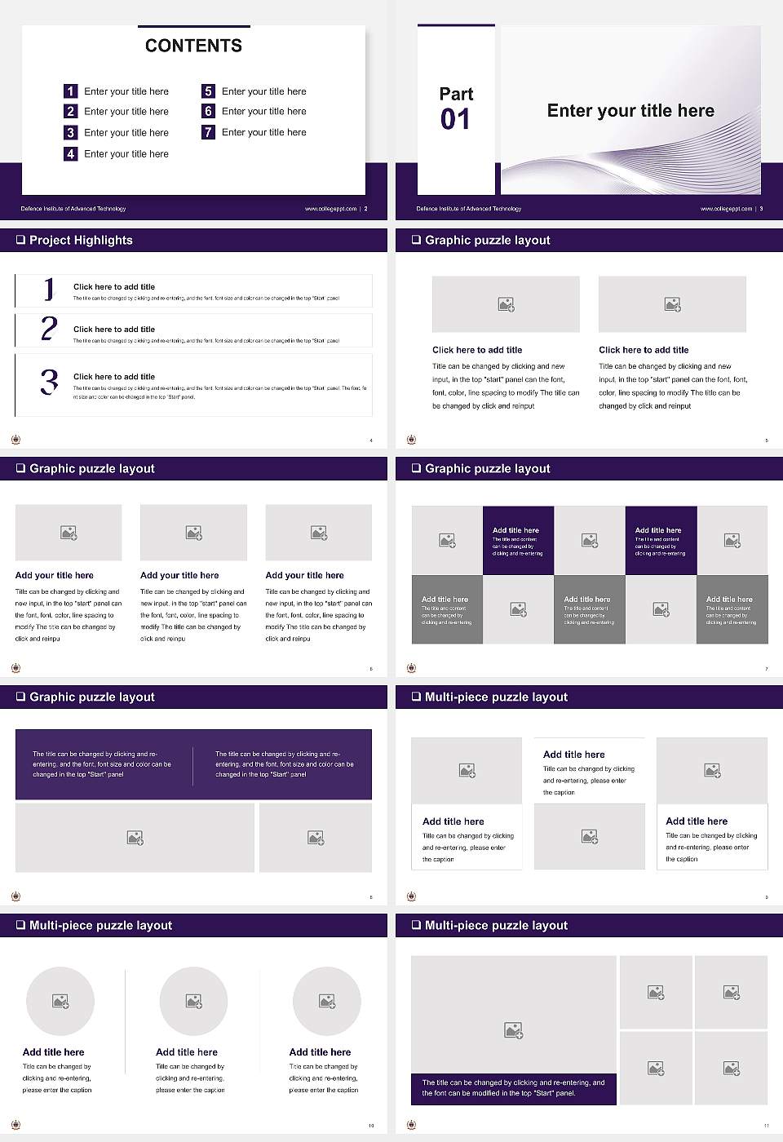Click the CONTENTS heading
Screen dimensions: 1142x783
point(193,46)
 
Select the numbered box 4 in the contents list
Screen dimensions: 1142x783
point(71,153)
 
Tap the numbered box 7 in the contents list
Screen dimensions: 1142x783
point(208,132)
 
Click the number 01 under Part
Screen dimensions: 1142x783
point(455,120)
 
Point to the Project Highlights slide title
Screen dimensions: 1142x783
point(81,240)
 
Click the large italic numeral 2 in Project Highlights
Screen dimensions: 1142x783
point(49,329)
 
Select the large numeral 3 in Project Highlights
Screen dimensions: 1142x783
point(49,382)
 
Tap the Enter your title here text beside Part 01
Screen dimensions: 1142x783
point(630,111)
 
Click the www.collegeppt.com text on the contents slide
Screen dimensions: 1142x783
point(330,209)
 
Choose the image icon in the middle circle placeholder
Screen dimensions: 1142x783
point(193,1001)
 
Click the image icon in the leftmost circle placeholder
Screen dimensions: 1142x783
point(60,1001)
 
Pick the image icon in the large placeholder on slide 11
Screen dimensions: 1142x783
point(513,1031)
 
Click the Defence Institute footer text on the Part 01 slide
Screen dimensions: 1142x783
point(468,209)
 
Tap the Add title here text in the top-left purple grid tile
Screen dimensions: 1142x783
point(515,530)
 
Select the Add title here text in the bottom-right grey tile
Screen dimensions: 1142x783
point(729,599)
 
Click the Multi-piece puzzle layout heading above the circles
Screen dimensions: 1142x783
point(100,925)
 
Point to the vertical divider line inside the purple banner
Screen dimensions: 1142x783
point(193,765)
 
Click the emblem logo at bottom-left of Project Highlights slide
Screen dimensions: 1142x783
point(16,440)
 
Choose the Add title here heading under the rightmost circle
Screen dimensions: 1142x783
point(320,1052)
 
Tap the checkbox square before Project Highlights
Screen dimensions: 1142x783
point(20,240)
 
